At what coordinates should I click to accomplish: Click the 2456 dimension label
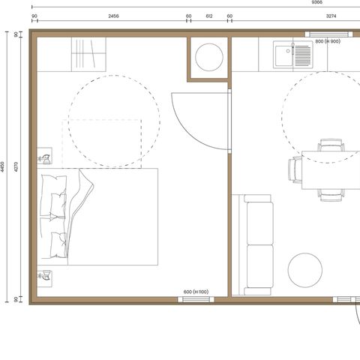pos(113,16)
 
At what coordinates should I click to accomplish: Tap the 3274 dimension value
pos(331,16)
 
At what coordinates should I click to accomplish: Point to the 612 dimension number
pos(209,16)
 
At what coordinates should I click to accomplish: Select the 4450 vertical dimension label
pos(2,166)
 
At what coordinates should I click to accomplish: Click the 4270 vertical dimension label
pos(16,166)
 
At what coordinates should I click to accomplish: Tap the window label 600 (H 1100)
pos(196,292)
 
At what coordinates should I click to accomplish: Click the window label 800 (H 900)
pos(328,41)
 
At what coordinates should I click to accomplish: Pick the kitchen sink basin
pos(284,55)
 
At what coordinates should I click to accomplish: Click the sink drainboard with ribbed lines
pos(303,55)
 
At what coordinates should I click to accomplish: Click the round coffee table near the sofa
pos(305,270)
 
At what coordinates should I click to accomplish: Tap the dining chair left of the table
pos(295,170)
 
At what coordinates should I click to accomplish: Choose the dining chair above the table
pos(331,145)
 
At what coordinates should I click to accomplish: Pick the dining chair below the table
pos(331,195)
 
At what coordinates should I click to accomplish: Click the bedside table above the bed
pos(44,156)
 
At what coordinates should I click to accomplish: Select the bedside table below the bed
pos(44,279)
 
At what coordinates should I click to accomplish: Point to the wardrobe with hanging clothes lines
pos(88,55)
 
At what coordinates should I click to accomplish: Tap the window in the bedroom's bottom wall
pos(196,299)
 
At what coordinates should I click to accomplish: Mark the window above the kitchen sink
pos(328,34)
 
